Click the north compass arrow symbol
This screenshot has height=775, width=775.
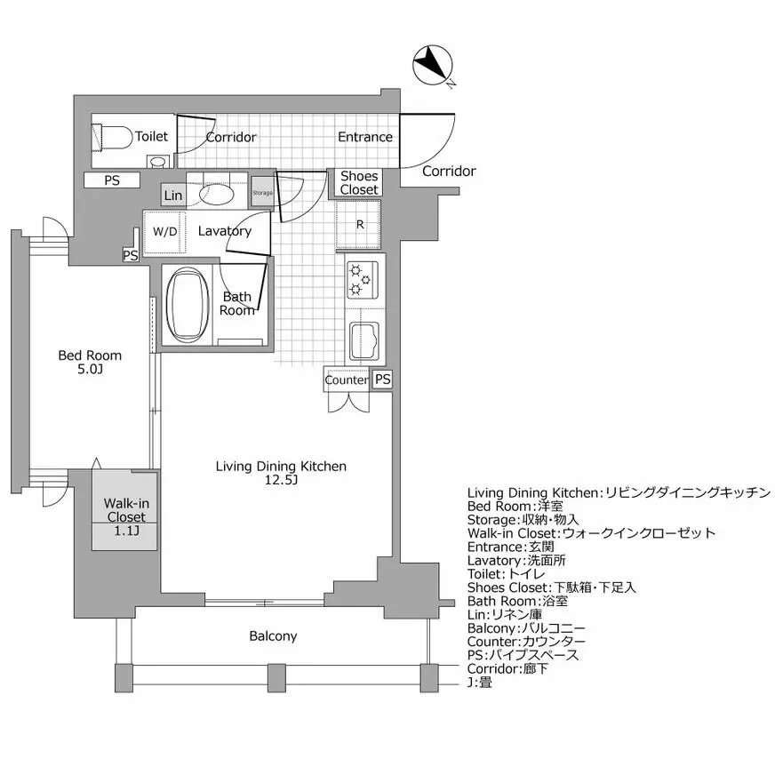point(434,65)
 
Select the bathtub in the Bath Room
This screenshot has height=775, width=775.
point(187,306)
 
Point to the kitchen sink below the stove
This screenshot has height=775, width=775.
point(365,338)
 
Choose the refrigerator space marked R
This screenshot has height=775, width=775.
point(359,224)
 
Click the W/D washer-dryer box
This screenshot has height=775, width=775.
point(164,231)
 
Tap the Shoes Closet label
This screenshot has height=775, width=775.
point(359,182)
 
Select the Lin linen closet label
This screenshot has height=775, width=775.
point(173,195)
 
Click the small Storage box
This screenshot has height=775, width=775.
point(262,193)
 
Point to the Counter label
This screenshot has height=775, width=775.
point(346,380)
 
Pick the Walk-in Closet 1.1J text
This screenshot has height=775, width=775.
point(126,517)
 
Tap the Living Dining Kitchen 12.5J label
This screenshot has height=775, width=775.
point(281,473)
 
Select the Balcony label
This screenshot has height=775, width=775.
point(273,636)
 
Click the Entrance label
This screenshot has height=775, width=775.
point(364,137)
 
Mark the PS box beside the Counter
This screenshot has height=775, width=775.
point(382,380)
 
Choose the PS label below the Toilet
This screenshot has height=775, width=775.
point(112,180)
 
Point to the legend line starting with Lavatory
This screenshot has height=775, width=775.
point(516,561)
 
